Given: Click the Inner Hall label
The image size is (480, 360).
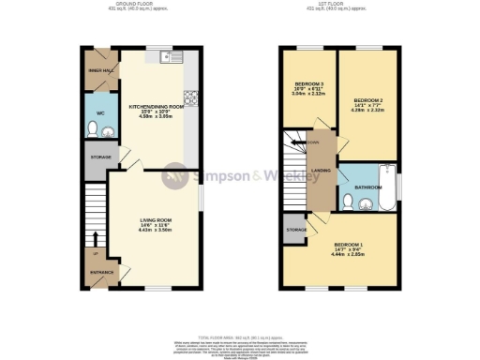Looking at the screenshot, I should (x=100, y=70).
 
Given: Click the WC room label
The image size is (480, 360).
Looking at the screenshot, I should (x=99, y=112).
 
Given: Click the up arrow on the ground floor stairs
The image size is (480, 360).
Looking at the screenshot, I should (x=97, y=236).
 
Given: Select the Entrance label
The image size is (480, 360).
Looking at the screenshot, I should (x=101, y=273).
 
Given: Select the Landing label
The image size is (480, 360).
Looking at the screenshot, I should (x=320, y=170).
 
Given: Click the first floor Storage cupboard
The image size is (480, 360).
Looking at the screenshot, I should (x=295, y=229).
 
